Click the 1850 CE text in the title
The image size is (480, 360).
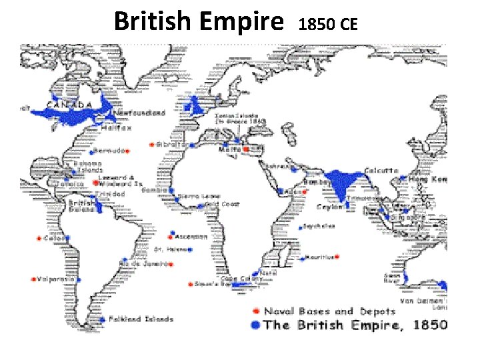pyautogui.click(x=329, y=25)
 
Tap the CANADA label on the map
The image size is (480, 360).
pyautogui.click(x=69, y=105)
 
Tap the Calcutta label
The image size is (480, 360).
pyautogui.click(x=382, y=171)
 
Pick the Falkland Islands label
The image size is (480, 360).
pyautogui.click(x=140, y=319)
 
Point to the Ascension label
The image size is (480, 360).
pyautogui.click(x=193, y=237)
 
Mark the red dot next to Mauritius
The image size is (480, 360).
pyautogui.click(x=337, y=257)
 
